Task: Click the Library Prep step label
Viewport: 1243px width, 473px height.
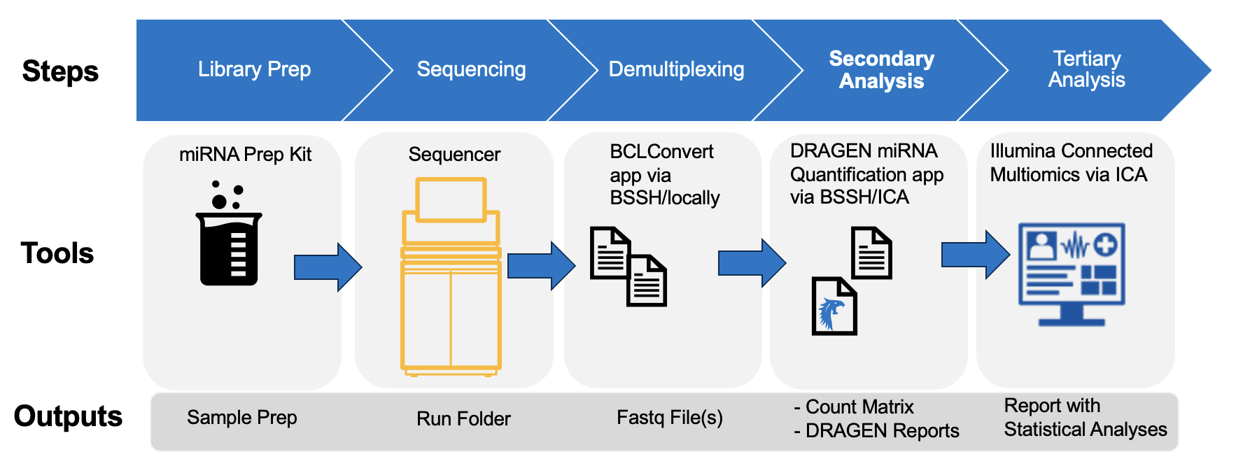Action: coord(254,69)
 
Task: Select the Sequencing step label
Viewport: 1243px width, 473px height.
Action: coord(471,69)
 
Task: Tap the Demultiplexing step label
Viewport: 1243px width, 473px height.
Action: coord(676,69)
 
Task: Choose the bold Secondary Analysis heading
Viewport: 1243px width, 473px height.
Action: coord(881,69)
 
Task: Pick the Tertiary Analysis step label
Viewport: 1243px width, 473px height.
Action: coord(1086,69)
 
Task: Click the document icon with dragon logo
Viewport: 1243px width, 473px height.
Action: coord(834,306)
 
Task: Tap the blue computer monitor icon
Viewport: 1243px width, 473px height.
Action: coord(1072,274)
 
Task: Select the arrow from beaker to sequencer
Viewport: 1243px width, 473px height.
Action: coord(328,267)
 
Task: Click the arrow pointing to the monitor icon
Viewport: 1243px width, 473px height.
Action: coord(975,255)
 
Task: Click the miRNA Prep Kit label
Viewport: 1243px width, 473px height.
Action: coord(245,155)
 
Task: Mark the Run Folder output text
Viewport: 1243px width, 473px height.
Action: coord(463,418)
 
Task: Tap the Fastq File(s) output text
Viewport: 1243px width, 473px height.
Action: coord(669,418)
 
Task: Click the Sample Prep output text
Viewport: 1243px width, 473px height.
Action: coord(241,418)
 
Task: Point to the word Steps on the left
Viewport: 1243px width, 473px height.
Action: coord(60,71)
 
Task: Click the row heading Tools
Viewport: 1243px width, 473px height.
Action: coord(57,253)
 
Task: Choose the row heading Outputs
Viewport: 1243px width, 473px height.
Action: coord(68,416)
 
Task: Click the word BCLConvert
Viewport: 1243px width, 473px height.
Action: coord(661,152)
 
